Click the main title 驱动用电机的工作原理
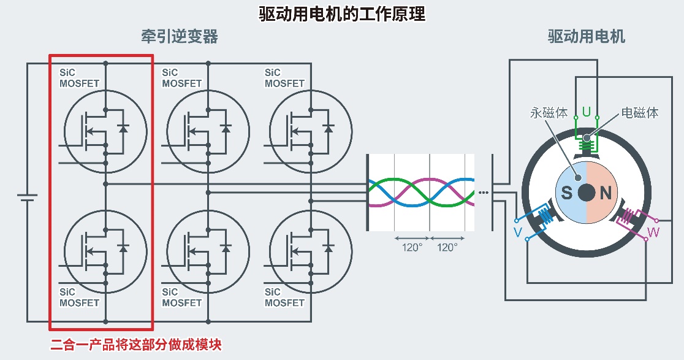coord(341,14)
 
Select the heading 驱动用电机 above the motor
coord(587,37)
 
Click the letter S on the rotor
coord(567,194)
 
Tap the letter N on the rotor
coord(606,194)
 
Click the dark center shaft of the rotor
coord(587,193)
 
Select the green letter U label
coord(587,112)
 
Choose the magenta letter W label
coord(654,232)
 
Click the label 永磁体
coord(549,113)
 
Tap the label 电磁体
coord(640,113)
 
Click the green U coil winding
coord(587,146)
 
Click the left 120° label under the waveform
coord(412,248)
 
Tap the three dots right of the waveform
coord(484,193)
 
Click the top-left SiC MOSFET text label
coord(79,78)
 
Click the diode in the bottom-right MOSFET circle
coord(329,248)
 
